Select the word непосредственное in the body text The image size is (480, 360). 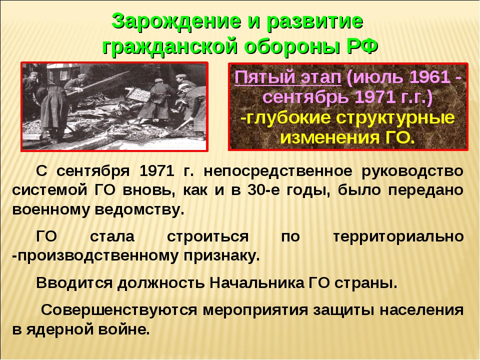tap(278, 171)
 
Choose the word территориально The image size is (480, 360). tap(398, 236)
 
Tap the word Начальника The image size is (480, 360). tap(256, 283)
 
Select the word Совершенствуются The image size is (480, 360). tap(119, 310)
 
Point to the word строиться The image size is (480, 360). tap(208, 237)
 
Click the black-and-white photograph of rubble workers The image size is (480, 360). tap(114, 106)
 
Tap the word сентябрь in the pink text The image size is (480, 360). tap(306, 98)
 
